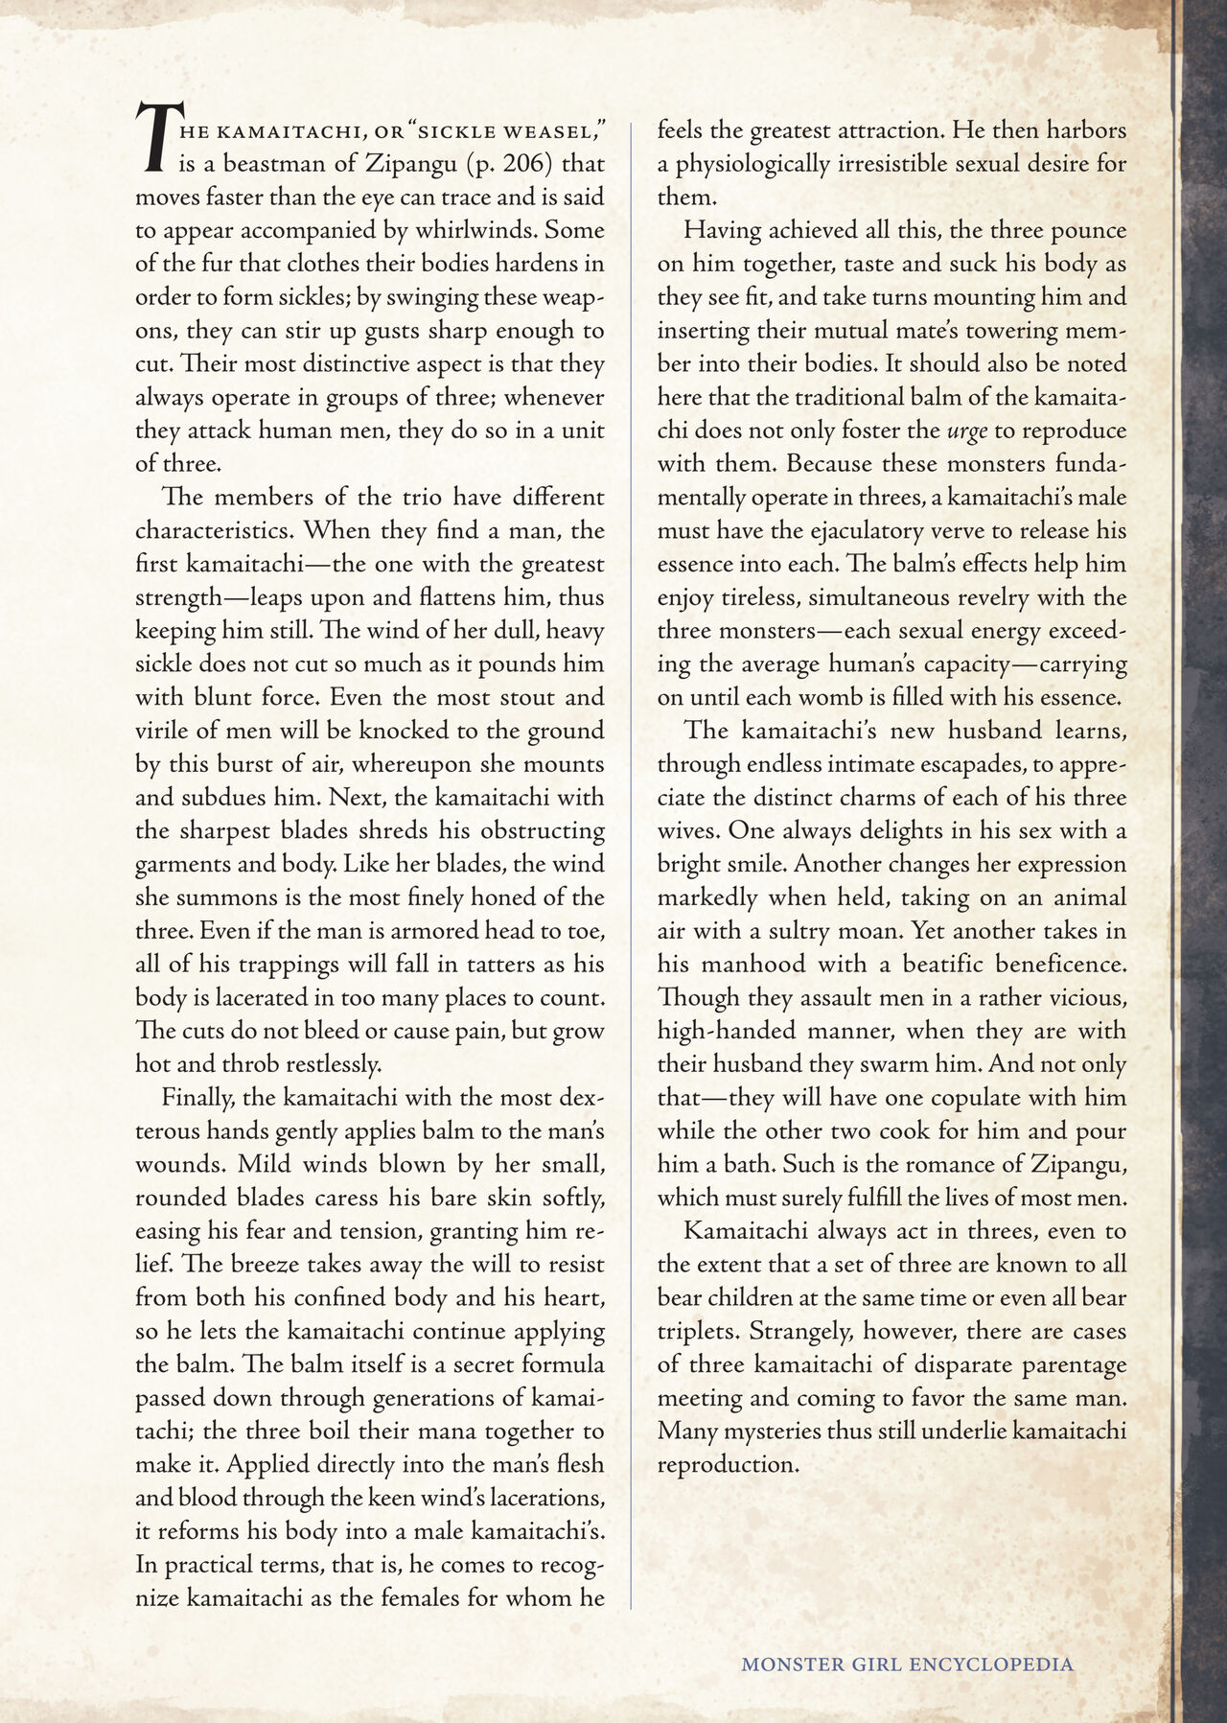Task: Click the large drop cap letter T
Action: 155,137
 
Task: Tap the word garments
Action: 182,864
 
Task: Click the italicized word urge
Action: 967,431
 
